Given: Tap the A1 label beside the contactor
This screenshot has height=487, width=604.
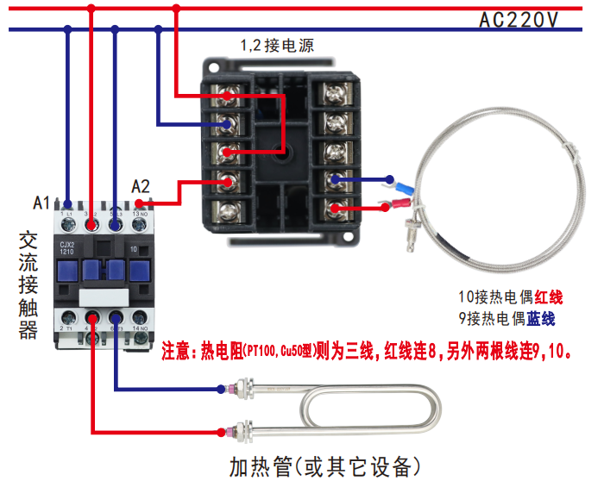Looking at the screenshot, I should [x=41, y=203].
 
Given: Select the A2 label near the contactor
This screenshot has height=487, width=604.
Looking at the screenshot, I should [x=141, y=186].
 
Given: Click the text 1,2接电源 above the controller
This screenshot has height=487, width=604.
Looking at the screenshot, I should [x=276, y=47].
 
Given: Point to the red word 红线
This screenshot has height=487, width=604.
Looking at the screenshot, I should [x=548, y=297].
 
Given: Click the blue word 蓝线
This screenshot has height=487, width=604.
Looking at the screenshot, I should [x=541, y=319].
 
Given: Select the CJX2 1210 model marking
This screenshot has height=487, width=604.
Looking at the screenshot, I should [x=71, y=247].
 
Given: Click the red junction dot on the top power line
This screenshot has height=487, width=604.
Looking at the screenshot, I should [x=176, y=9].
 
